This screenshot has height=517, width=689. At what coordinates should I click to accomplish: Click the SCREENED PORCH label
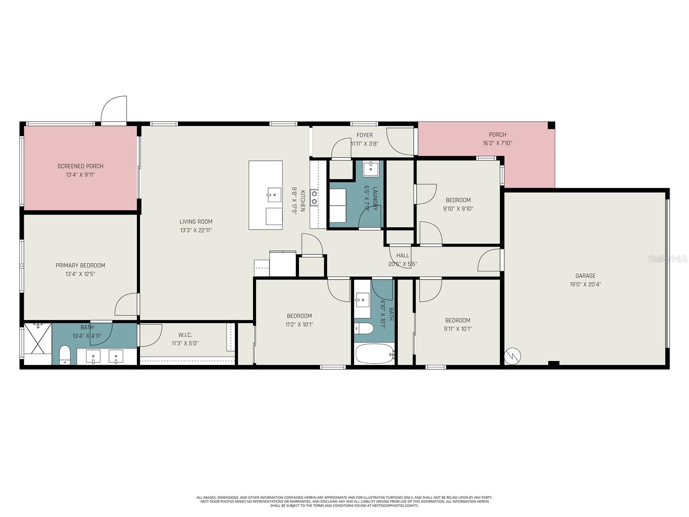tap(81, 166)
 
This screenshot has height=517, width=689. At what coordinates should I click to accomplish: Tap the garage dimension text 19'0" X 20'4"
tap(586, 284)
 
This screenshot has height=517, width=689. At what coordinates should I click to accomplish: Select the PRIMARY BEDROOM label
tap(81, 265)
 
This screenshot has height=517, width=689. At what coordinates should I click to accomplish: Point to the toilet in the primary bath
tap(65, 355)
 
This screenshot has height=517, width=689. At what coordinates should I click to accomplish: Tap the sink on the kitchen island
tap(273, 195)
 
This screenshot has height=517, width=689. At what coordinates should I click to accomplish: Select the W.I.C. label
tap(185, 335)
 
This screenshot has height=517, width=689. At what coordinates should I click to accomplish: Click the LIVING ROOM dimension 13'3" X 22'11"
tap(196, 230)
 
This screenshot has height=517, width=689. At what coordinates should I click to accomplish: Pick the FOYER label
tap(365, 135)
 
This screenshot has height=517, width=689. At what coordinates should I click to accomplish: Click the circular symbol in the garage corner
tap(513, 355)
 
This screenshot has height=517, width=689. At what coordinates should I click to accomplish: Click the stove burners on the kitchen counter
tap(314, 197)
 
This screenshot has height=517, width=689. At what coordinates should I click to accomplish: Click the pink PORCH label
tap(497, 135)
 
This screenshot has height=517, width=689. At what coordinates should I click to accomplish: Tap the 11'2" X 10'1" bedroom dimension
tap(299, 324)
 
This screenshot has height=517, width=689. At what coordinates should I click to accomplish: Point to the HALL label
tap(403, 255)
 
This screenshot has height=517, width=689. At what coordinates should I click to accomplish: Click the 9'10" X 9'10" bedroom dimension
tap(458, 209)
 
